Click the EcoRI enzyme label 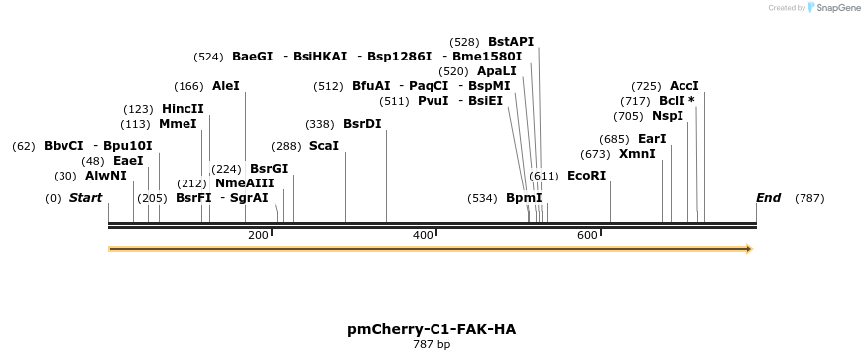point(586,176)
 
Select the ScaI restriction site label point(324,146)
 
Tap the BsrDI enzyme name point(362,124)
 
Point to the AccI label point(684,86)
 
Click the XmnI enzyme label point(637,154)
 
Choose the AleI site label point(226,86)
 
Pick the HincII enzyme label point(183,109)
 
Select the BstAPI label point(511,42)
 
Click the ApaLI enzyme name point(497,71)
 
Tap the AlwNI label point(106,176)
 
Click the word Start point(85,198)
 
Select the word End point(769,198)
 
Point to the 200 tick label point(258,235)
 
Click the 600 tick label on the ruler point(587,235)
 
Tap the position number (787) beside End point(809,198)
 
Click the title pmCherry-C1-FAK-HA point(432,329)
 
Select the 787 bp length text point(432,345)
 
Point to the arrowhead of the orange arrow point(749,248)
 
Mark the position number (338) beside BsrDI point(319,124)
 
